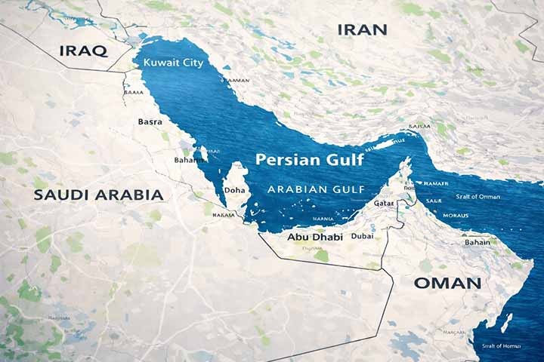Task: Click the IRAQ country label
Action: pyautogui.click(x=83, y=51)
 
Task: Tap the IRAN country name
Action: pyautogui.click(x=362, y=29)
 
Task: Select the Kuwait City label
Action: pyautogui.click(x=173, y=63)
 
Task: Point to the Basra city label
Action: pyautogui.click(x=150, y=121)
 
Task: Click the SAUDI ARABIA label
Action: pyautogui.click(x=98, y=195)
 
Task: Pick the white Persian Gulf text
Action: pyautogui.click(x=309, y=160)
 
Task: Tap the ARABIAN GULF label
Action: pyautogui.click(x=317, y=189)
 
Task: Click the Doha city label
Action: pyautogui.click(x=234, y=190)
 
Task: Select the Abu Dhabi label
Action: pyautogui.click(x=310, y=236)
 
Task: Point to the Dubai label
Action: pyautogui.click(x=363, y=236)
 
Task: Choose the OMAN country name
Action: pyautogui.click(x=447, y=284)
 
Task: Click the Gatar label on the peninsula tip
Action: pyautogui.click(x=384, y=204)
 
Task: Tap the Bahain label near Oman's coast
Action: pyautogui.click(x=477, y=243)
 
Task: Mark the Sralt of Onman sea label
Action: pyautogui.click(x=478, y=197)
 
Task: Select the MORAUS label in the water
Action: pyautogui.click(x=455, y=214)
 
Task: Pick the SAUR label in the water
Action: pyautogui.click(x=433, y=201)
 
